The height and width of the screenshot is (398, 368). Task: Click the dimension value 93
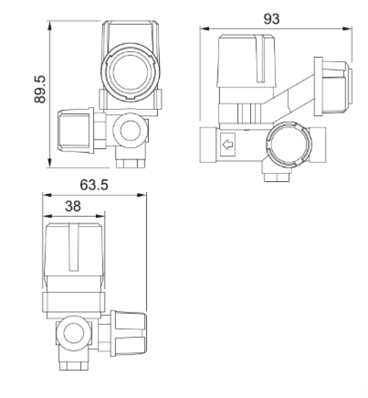[x=272, y=19]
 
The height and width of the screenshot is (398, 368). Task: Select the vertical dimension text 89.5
[x=40, y=89]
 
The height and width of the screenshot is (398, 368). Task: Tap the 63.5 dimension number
[x=94, y=185]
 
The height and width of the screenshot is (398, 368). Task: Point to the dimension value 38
[x=73, y=207]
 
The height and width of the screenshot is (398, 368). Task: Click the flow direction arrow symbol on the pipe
[x=228, y=145]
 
